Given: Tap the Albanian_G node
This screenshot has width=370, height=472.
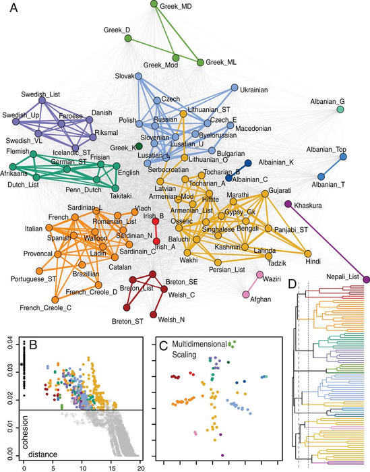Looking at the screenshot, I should click(x=341, y=109).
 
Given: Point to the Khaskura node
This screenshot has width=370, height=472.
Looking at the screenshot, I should click(x=288, y=204).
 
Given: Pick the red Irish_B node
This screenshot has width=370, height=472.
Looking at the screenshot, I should click(x=156, y=221).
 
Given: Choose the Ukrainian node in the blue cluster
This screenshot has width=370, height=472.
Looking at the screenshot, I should click(x=235, y=88).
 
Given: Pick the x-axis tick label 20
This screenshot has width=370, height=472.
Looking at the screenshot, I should click(x=140, y=467).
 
